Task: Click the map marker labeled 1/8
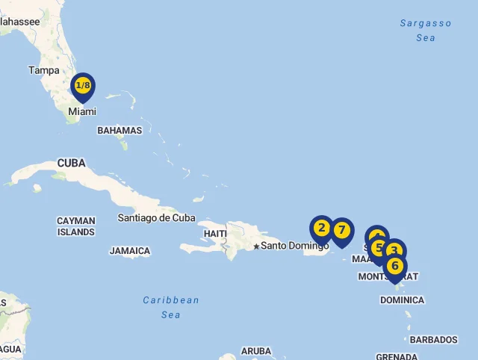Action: [83, 86]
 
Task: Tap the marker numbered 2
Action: [322, 229]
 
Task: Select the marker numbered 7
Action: [341, 231]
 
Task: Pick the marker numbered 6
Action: [395, 266]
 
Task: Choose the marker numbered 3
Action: [395, 251]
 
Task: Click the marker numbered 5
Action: [379, 246]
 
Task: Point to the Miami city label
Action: [82, 112]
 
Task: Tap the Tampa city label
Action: [43, 70]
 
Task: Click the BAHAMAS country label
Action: [119, 131]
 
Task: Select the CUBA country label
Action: [71, 163]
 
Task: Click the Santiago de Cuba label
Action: [156, 218]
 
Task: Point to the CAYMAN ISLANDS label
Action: [76, 226]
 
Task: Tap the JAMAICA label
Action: [130, 252]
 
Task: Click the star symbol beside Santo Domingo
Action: [256, 246]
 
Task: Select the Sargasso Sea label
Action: [426, 31]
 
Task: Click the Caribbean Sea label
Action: [171, 307]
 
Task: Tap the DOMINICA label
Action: [402, 300]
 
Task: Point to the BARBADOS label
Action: [433, 340]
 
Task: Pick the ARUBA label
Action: [255, 351]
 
